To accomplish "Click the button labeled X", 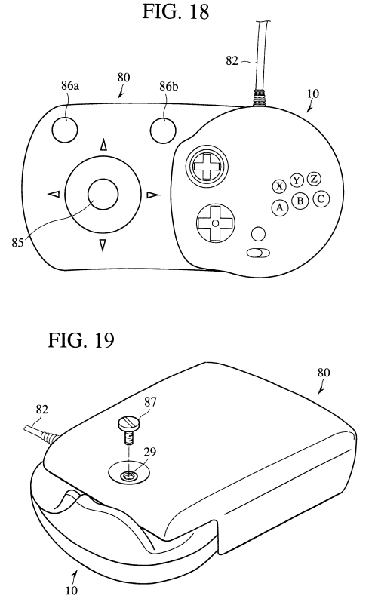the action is [x=279, y=186].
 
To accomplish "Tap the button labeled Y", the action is [x=297, y=180].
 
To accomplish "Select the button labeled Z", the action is [x=314, y=179].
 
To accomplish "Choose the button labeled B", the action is [x=300, y=201].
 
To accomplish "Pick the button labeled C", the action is [x=321, y=199].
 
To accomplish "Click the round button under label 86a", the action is [x=65, y=129].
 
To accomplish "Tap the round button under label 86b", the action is [x=164, y=129].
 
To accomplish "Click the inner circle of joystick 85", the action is [x=103, y=194].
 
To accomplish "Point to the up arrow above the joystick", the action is [x=103, y=145].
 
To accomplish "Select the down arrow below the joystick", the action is [x=102, y=245].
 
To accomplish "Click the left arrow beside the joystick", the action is [x=54, y=194].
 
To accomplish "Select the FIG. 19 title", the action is [x=81, y=339].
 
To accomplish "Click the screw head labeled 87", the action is [x=128, y=423].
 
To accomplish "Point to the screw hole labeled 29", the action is [x=128, y=476].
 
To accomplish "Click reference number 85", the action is [x=17, y=242].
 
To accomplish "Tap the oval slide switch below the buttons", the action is [x=258, y=253].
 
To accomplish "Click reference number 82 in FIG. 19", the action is [x=42, y=409].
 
